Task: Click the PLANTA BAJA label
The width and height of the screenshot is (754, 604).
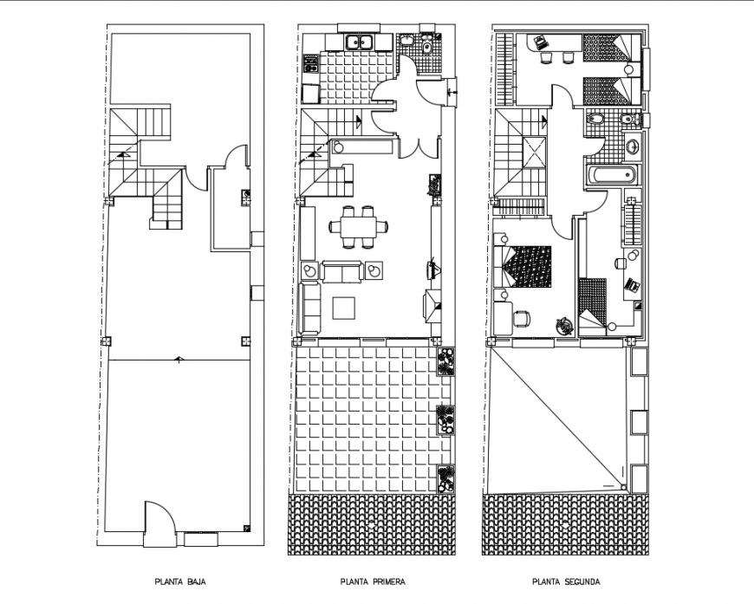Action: [x=180, y=582]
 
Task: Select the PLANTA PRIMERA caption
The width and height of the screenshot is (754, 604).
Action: [x=373, y=582]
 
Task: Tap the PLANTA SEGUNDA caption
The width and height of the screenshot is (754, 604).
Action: [x=567, y=582]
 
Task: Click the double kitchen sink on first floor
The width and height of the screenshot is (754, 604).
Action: [x=357, y=41]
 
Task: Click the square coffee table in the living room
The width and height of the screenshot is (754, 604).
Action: [x=343, y=308]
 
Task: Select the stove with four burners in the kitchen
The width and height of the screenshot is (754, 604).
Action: [x=310, y=65]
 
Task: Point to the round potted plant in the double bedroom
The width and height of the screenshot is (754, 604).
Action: [x=563, y=324]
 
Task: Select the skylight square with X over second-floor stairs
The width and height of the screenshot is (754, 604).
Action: [x=534, y=154]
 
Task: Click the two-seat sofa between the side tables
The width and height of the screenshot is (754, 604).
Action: [x=342, y=272]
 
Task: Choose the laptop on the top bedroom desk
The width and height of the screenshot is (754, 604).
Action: [x=540, y=40]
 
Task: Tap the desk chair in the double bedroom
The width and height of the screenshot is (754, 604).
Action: [x=521, y=318]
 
